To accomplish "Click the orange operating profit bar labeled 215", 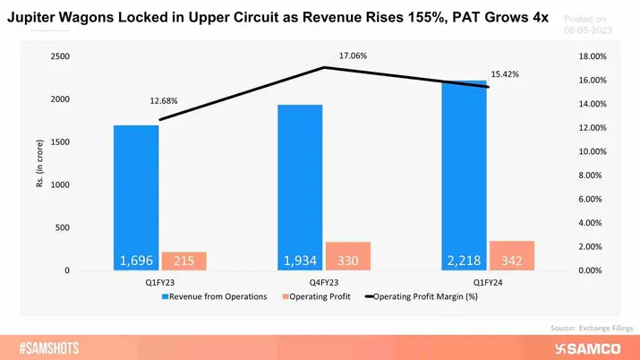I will pyautogui.click(x=184, y=261).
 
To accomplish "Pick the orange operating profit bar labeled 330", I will pyautogui.click(x=348, y=256).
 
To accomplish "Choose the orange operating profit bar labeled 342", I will pyautogui.click(x=512, y=255).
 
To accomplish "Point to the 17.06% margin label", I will pyautogui.click(x=353, y=56).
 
